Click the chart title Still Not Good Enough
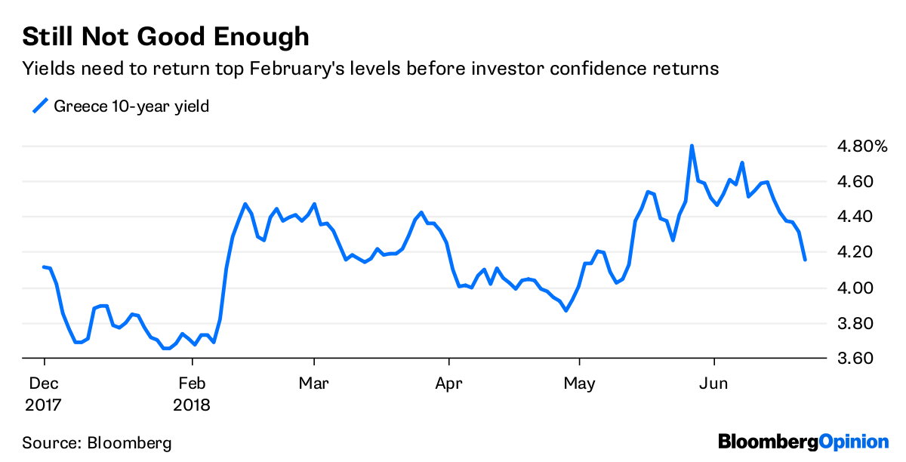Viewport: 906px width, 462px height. pos(165,38)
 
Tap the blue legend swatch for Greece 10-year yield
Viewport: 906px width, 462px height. pos(41,106)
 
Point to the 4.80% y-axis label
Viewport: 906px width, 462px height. pos(862,146)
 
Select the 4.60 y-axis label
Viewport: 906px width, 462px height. pos(855,181)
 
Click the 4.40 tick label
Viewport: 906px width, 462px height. pos(855,217)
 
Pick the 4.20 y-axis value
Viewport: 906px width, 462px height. pos(855,252)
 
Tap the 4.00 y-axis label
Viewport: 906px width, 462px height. pos(855,288)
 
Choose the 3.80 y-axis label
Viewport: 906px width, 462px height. pos(855,323)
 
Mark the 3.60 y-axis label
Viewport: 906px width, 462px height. pos(855,359)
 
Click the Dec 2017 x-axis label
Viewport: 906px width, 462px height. pos(43,394)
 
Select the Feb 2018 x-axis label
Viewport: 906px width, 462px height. pos(192,394)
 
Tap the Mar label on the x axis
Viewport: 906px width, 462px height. pos(313,383)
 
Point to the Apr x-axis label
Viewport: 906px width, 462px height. pos(448,383)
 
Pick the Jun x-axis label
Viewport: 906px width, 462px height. pos(713,383)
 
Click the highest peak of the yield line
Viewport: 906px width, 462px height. pos(692,146)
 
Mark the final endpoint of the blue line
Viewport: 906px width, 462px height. pos(805,260)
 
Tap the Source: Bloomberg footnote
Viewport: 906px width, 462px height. pos(97,443)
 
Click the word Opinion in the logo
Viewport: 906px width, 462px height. pos(854,442)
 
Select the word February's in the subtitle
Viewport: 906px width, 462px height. pos(297,69)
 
